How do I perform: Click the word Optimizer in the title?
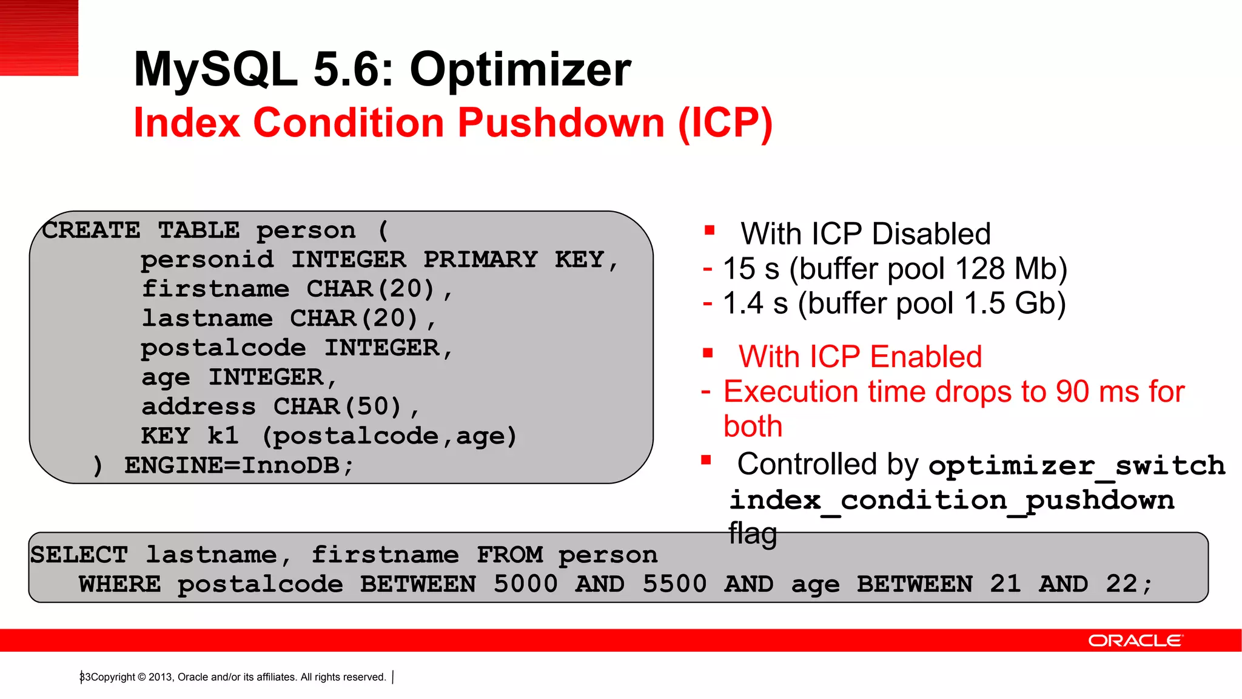[520, 70]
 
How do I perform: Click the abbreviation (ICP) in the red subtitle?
[725, 123]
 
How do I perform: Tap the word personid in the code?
[207, 260]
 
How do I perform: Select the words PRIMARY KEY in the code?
[513, 260]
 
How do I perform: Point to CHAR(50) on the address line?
[337, 407]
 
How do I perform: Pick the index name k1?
[223, 436]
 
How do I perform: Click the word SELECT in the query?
[79, 555]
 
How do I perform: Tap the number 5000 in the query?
[525, 584]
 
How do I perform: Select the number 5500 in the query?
[674, 584]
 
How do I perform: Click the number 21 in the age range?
[1005, 584]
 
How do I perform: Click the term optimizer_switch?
[1076, 466]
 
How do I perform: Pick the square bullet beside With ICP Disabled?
[710, 231]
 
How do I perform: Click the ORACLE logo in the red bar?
[1135, 641]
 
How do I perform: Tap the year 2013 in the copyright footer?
[160, 677]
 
